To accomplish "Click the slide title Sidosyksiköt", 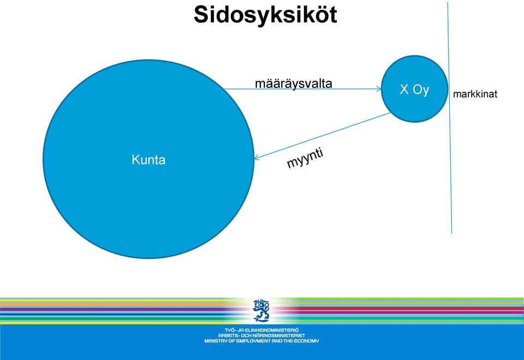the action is click(x=265, y=15).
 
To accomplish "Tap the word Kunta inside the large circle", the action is click(x=148, y=160).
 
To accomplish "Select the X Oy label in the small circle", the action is click(x=414, y=90).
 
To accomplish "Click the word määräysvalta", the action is click(x=294, y=83).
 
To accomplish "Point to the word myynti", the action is click(x=305, y=158).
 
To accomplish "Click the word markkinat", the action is click(x=475, y=94).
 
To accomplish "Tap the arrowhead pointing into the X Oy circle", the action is click(x=379, y=89).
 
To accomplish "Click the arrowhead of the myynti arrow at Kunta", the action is click(x=257, y=157).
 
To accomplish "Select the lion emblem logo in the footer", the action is click(x=261, y=310).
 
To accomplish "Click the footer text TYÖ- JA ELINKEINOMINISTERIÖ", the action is click(x=261, y=330).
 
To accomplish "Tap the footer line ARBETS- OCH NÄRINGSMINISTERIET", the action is click(x=261, y=335).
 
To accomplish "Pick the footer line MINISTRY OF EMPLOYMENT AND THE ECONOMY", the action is click(x=261, y=341).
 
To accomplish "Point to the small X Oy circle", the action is click(x=414, y=88).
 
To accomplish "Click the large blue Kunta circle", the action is click(x=148, y=159).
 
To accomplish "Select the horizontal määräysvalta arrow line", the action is click(x=302, y=89).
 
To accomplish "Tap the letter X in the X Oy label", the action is click(x=404, y=90).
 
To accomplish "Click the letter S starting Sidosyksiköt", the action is click(x=203, y=15).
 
